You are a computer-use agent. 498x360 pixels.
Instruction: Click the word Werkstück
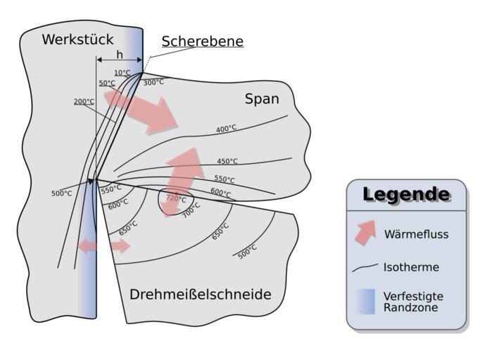point(77,39)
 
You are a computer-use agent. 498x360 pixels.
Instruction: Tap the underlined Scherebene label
point(203,41)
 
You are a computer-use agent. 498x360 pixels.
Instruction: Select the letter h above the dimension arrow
point(120,54)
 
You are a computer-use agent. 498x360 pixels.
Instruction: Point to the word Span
point(262,99)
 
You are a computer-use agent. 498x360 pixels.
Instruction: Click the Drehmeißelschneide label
point(200,295)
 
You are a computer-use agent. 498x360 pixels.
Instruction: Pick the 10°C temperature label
point(122,72)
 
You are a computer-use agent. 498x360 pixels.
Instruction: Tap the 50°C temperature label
point(107,83)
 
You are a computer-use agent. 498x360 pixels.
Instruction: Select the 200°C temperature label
point(84,101)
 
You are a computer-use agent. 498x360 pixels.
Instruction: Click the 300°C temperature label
point(153,82)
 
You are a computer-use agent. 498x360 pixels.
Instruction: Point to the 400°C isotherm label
point(226,129)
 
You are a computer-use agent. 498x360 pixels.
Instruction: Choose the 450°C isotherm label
point(227,161)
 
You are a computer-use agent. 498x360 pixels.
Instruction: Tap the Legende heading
point(406,195)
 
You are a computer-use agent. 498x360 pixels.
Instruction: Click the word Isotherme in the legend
point(411,267)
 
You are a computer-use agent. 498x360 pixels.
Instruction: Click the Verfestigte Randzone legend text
point(413,302)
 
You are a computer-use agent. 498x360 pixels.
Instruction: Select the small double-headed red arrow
point(104,246)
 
